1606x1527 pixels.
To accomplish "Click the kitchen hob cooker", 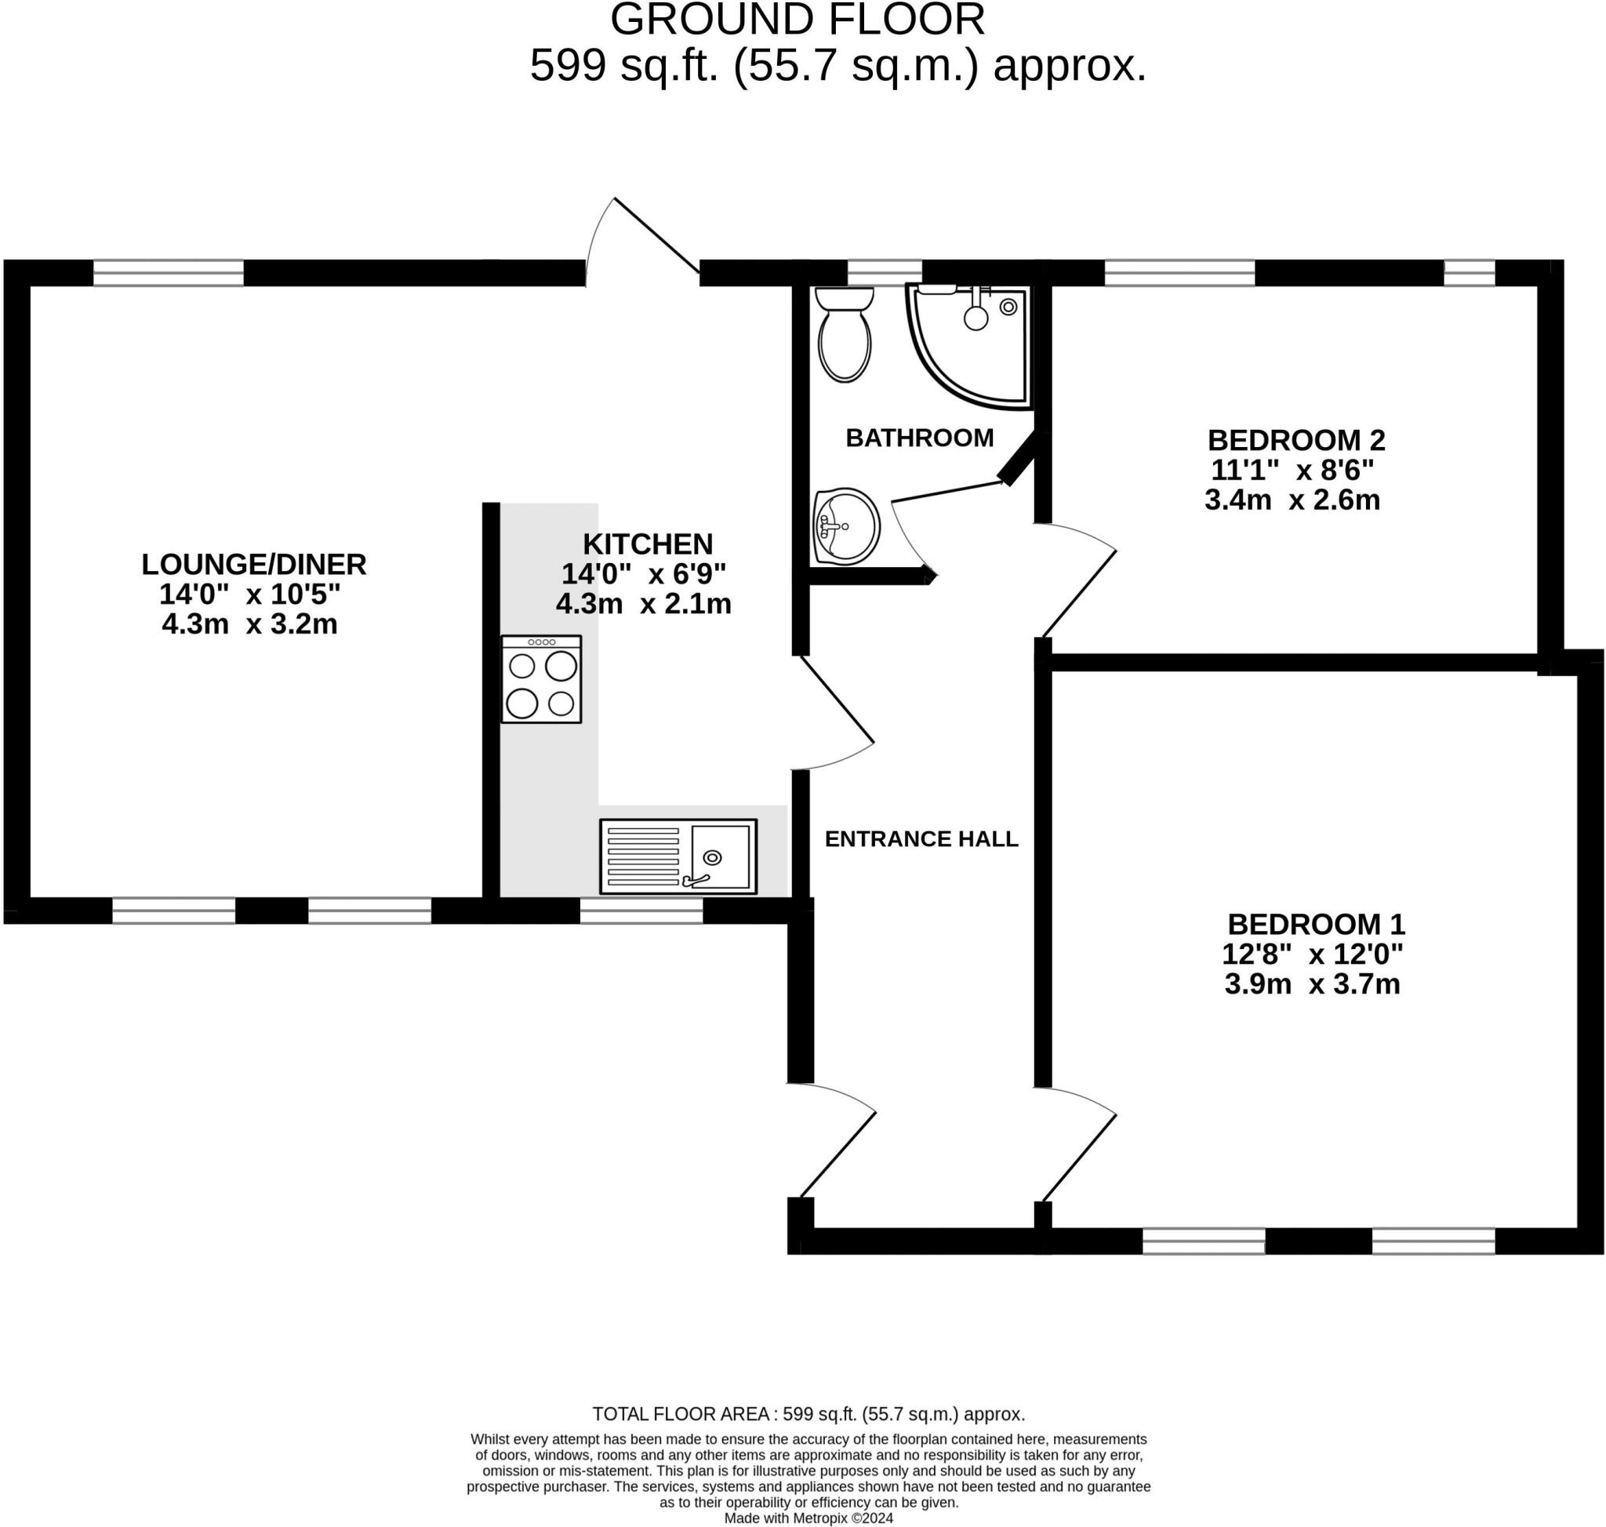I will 541,680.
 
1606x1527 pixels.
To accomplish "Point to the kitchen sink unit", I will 678,856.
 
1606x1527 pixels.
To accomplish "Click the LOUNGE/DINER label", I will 254,564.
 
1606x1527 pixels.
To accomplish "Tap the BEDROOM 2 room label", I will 1296,440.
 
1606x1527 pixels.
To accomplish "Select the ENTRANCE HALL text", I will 921,839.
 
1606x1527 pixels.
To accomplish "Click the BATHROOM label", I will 920,438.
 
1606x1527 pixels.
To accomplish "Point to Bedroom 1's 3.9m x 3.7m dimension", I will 1312,984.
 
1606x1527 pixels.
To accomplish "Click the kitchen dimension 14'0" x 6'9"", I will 643,575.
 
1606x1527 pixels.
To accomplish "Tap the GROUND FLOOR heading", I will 797,20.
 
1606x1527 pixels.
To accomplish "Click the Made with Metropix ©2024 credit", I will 808,1518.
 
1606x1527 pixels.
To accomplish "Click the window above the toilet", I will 884,273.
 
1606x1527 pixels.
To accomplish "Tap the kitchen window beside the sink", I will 641,911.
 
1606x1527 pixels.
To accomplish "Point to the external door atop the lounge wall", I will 656,235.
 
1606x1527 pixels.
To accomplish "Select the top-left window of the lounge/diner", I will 169,273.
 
